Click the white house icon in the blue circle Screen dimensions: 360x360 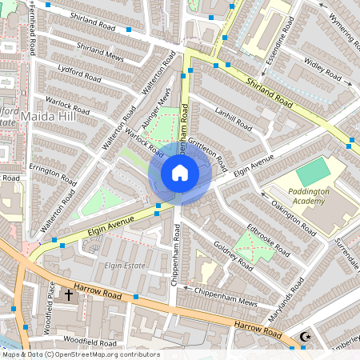[x=180, y=173]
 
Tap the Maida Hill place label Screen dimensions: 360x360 [x=50, y=118]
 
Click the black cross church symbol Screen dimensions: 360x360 [x=68, y=294]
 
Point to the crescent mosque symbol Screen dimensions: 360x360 [x=303, y=338]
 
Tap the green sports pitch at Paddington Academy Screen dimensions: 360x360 [x=312, y=173]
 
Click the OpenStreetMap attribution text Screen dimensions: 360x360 [x=80, y=354]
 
